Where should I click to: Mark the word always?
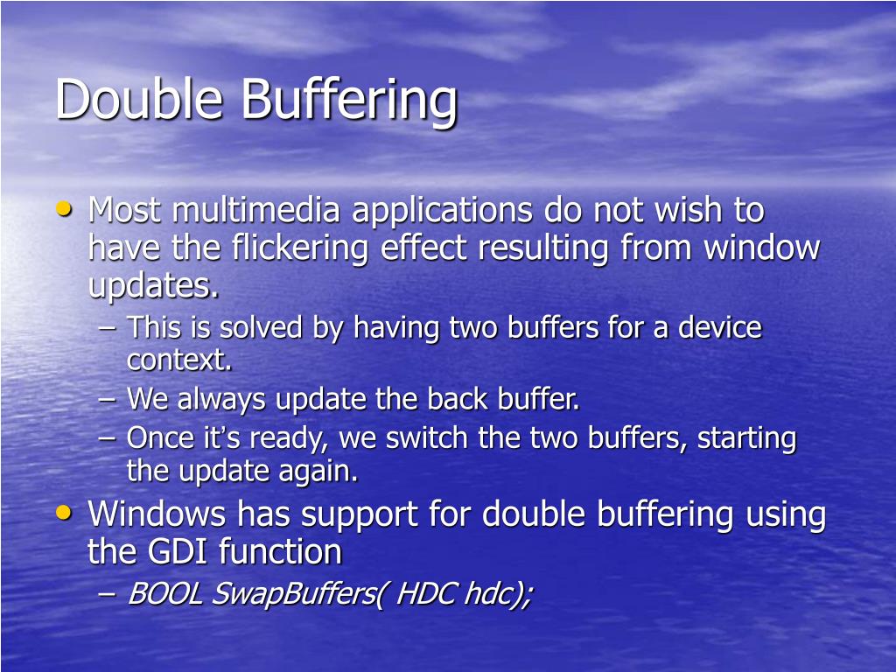pyautogui.click(x=223, y=400)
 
